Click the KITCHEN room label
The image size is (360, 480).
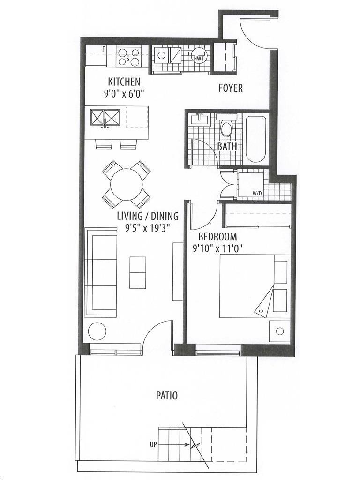pyautogui.click(x=124, y=82)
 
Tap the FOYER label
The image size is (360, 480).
pyautogui.click(x=231, y=88)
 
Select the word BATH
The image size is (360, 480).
pyautogui.click(x=227, y=146)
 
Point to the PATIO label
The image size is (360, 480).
pyautogui.click(x=167, y=396)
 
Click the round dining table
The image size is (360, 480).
pyautogui.click(x=127, y=185)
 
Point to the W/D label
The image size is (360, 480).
pyautogui.click(x=257, y=194)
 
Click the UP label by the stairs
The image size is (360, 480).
pyautogui.click(x=153, y=444)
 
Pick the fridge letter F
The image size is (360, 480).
pyautogui.click(x=104, y=49)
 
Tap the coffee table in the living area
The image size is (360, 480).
pyautogui.click(x=138, y=272)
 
